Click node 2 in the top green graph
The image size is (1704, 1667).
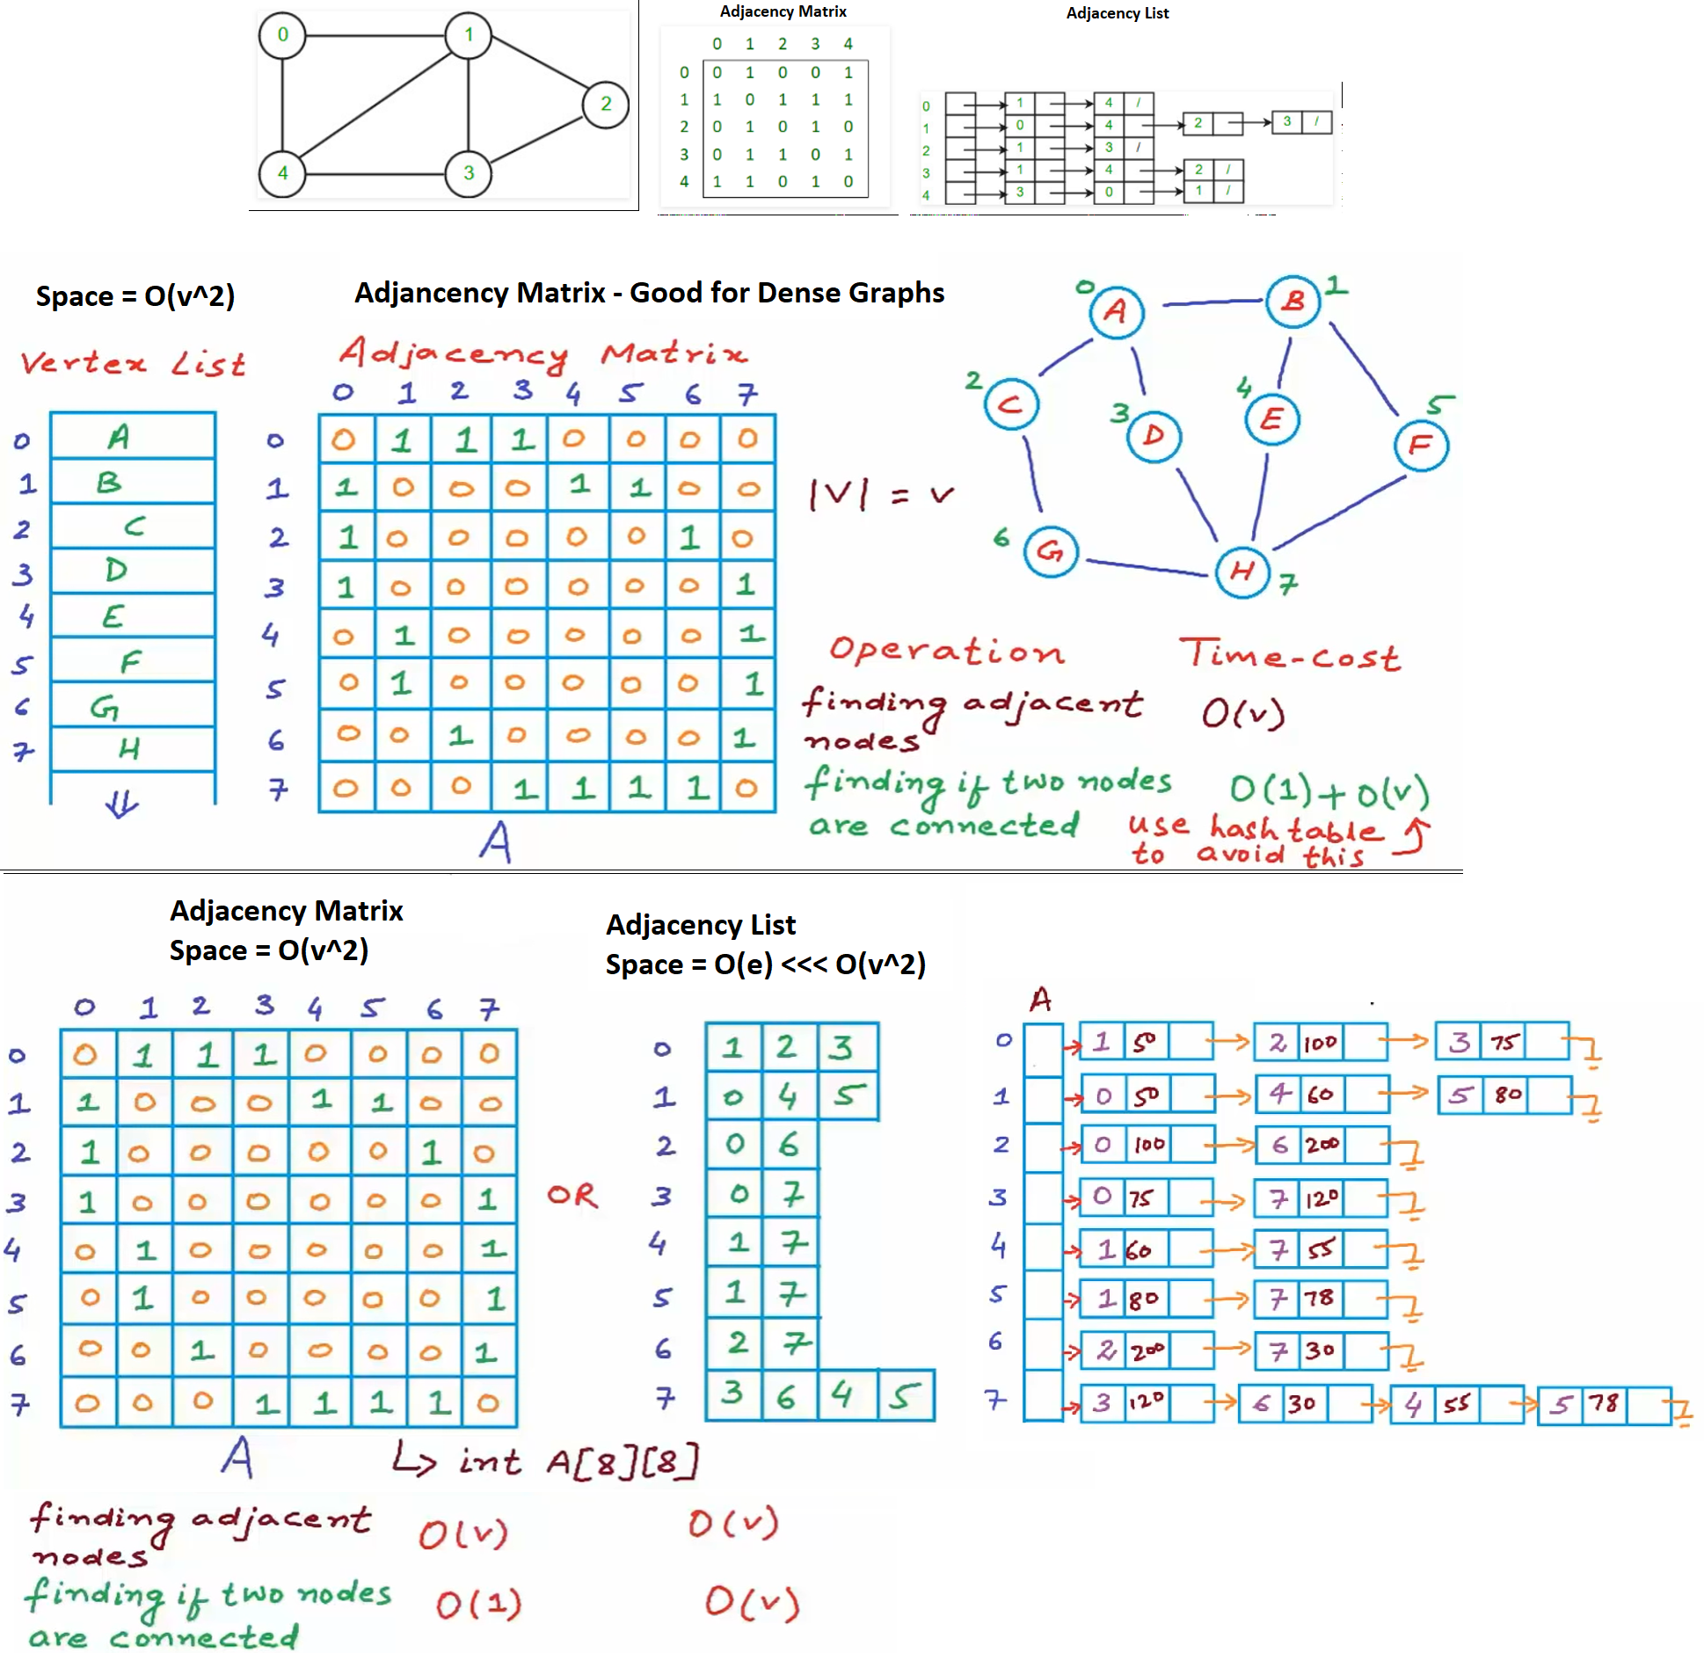(605, 104)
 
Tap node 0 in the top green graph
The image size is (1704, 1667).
(282, 35)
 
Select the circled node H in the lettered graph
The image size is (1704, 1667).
(1242, 571)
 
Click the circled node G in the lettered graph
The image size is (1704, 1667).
(1051, 551)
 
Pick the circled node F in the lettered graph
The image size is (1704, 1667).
(1421, 445)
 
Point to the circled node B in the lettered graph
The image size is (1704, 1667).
(1293, 302)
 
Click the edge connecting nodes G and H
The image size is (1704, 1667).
(1147, 568)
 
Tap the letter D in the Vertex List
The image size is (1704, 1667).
(116, 571)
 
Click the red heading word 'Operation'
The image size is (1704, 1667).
(946, 651)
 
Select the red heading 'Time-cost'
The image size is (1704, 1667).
(1289, 655)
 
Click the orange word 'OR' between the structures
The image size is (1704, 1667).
(572, 1195)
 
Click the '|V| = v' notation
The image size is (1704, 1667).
(880, 495)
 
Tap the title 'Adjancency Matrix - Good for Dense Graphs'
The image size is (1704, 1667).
(649, 293)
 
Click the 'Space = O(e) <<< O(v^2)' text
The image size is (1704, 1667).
(765, 965)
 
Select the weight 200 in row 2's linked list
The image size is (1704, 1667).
(1322, 1145)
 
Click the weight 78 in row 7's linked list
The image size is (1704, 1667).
(1603, 1403)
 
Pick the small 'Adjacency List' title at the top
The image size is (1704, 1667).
(1117, 13)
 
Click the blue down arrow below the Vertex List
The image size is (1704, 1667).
(121, 804)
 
